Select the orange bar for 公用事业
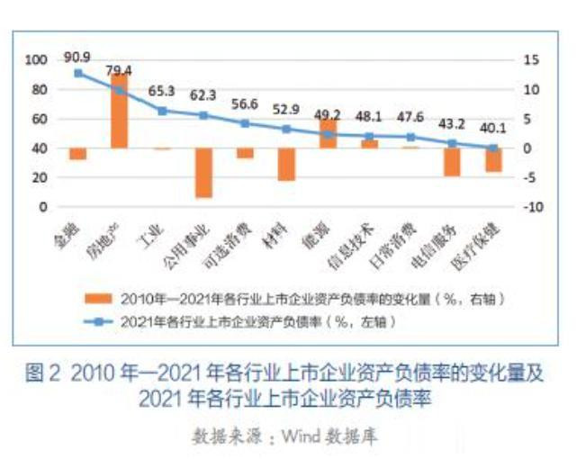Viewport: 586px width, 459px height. tap(203, 172)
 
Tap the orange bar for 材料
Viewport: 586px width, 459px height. tap(286, 164)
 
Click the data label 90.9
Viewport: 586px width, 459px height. tap(78, 57)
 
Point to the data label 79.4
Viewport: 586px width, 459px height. tap(118, 70)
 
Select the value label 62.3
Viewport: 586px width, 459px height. tap(203, 94)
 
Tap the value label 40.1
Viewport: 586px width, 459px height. tap(492, 127)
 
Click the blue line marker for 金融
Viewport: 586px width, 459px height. tap(78, 73)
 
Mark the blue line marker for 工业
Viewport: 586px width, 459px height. tap(161, 111)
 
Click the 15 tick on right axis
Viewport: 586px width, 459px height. tap(532, 60)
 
